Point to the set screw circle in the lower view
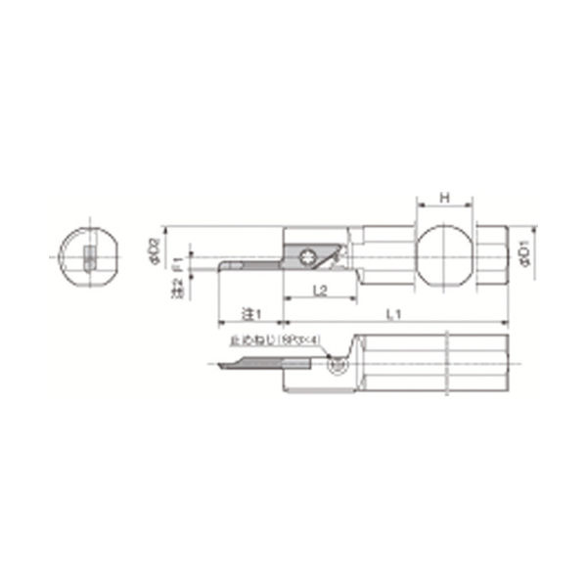pos(338,364)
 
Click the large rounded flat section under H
pos(446,256)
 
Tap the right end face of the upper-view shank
pos(509,256)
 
